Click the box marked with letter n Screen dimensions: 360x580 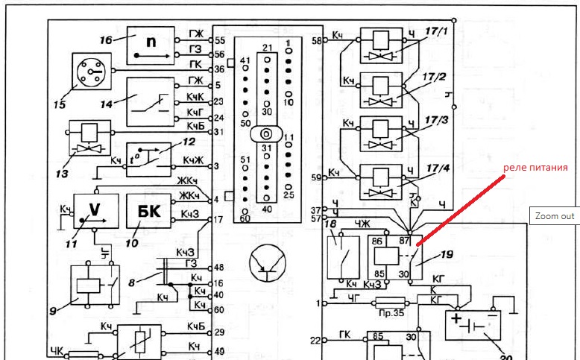tap(150, 44)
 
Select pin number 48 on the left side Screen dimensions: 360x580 tap(219, 267)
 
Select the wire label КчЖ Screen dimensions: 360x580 tap(191, 161)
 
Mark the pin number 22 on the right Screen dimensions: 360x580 tap(315, 341)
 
